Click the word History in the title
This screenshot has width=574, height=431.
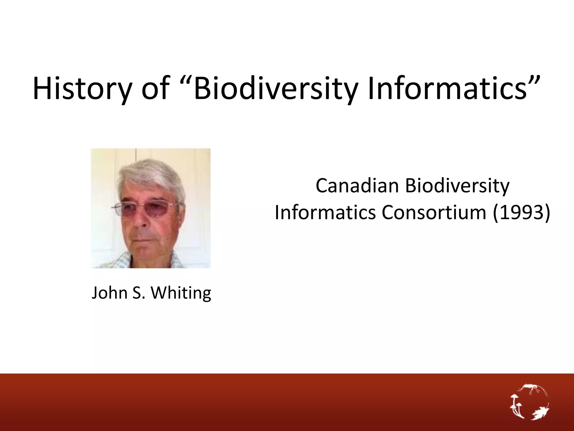(x=82, y=88)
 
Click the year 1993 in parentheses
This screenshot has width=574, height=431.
(x=522, y=212)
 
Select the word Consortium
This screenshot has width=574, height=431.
(x=434, y=212)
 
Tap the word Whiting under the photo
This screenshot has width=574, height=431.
(x=181, y=293)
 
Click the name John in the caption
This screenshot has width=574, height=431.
(x=109, y=293)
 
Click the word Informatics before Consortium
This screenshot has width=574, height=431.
(x=325, y=212)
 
